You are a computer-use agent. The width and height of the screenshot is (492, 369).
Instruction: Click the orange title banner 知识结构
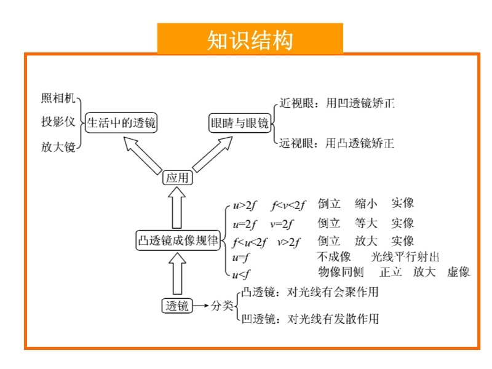(x=250, y=39)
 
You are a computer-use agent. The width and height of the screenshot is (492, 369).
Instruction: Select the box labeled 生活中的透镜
(x=121, y=122)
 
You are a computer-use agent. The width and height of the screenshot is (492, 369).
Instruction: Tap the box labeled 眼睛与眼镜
(x=240, y=122)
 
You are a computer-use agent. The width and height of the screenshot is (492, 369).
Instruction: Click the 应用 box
(x=178, y=178)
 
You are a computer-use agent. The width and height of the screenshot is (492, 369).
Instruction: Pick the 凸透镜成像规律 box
(x=178, y=240)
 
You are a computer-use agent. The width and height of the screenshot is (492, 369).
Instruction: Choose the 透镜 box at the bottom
(x=177, y=306)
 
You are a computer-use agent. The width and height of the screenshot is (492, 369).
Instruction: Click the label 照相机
(x=58, y=98)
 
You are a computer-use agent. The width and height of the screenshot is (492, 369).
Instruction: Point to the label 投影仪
(x=58, y=121)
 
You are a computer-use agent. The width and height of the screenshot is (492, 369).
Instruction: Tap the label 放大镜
(x=58, y=147)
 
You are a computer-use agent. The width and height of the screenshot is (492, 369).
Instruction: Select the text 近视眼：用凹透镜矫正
(x=336, y=103)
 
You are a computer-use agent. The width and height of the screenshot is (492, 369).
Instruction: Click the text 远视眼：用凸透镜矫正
(x=336, y=143)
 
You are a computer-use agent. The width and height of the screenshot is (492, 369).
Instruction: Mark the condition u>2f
(x=244, y=205)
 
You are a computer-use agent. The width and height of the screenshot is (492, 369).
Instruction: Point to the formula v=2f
(x=282, y=224)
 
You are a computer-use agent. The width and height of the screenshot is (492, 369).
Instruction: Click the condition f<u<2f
(x=250, y=242)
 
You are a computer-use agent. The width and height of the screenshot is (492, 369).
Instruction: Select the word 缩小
(x=366, y=204)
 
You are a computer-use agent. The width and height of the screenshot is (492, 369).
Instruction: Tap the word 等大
(x=366, y=223)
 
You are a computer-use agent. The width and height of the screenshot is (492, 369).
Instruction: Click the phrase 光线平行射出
(x=405, y=257)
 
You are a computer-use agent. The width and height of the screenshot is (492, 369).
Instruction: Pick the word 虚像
(x=458, y=272)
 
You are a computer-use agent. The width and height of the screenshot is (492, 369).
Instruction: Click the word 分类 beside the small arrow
(x=222, y=306)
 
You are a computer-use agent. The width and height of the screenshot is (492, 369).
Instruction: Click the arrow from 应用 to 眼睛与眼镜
(x=212, y=154)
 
